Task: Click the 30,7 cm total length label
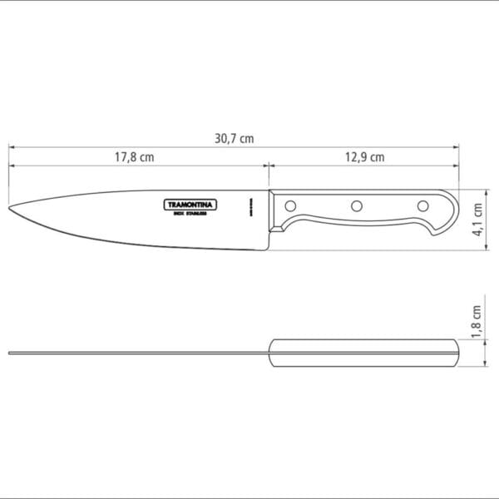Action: (x=234, y=140)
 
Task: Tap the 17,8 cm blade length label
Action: (x=135, y=157)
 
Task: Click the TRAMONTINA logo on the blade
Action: (x=189, y=204)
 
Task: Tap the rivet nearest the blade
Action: (x=291, y=205)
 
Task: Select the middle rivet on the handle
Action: (x=356, y=205)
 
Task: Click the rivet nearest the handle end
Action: (x=422, y=205)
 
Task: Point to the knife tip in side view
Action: (x=12, y=207)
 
